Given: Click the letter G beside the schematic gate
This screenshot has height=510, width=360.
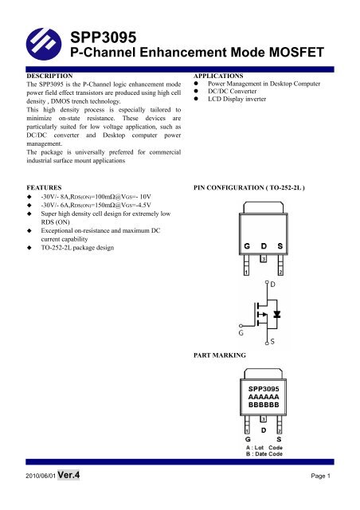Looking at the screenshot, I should [x=230, y=325].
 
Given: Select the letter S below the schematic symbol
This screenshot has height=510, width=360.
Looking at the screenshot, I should [x=273, y=342].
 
